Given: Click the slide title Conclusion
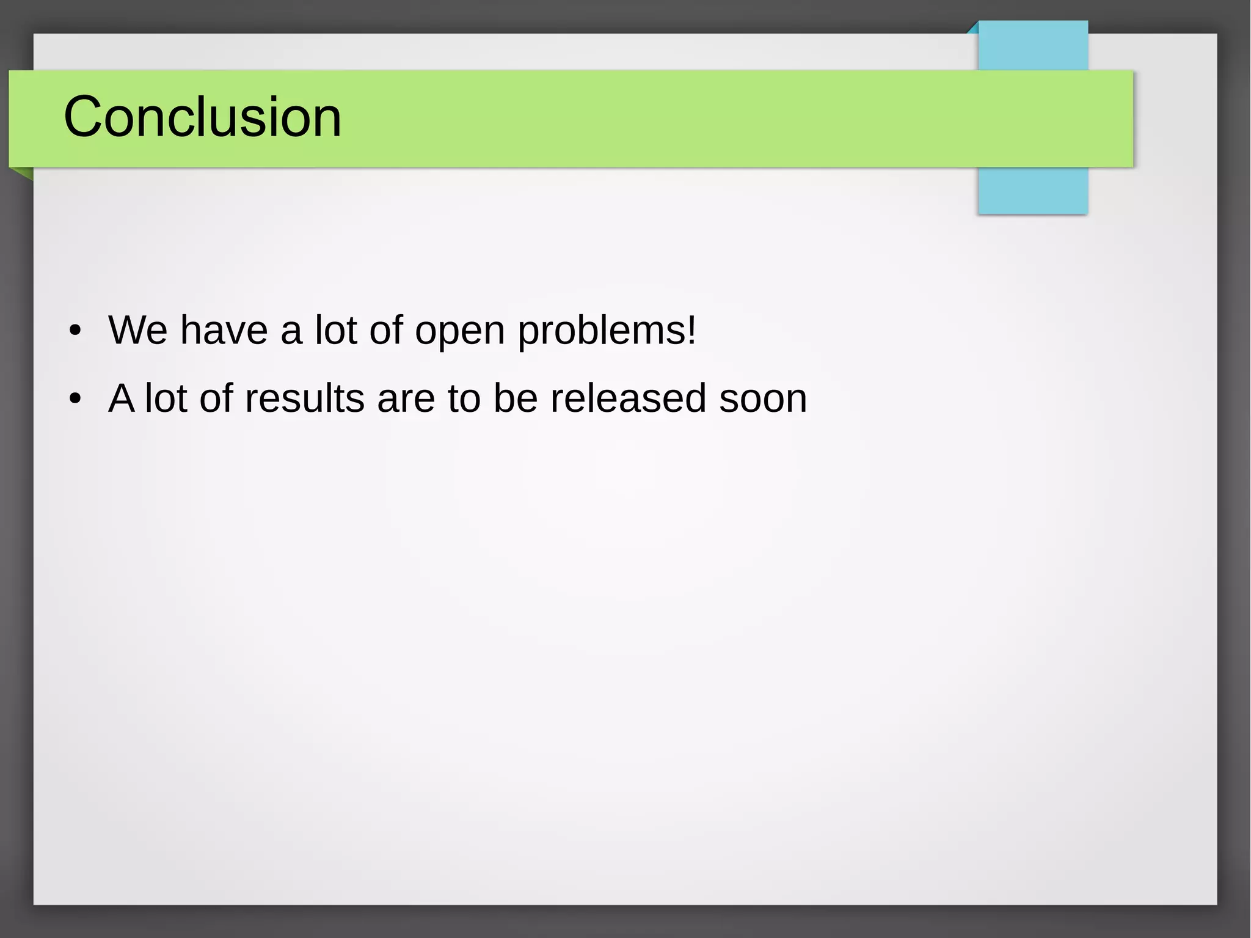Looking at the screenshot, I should [202, 117].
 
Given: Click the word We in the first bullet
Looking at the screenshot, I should [137, 330].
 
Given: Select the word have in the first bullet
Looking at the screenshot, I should [224, 330].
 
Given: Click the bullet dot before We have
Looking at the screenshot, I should [75, 331].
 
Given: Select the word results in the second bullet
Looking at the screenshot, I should [304, 398].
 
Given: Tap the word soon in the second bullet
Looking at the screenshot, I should [763, 398].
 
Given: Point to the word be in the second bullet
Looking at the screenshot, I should [516, 398].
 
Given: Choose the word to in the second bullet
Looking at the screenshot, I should [464, 398].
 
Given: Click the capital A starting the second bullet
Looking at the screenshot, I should [122, 398].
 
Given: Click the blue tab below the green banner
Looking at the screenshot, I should [1032, 191].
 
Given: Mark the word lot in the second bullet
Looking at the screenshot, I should [166, 398].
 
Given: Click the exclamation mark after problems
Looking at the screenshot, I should [691, 330].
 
